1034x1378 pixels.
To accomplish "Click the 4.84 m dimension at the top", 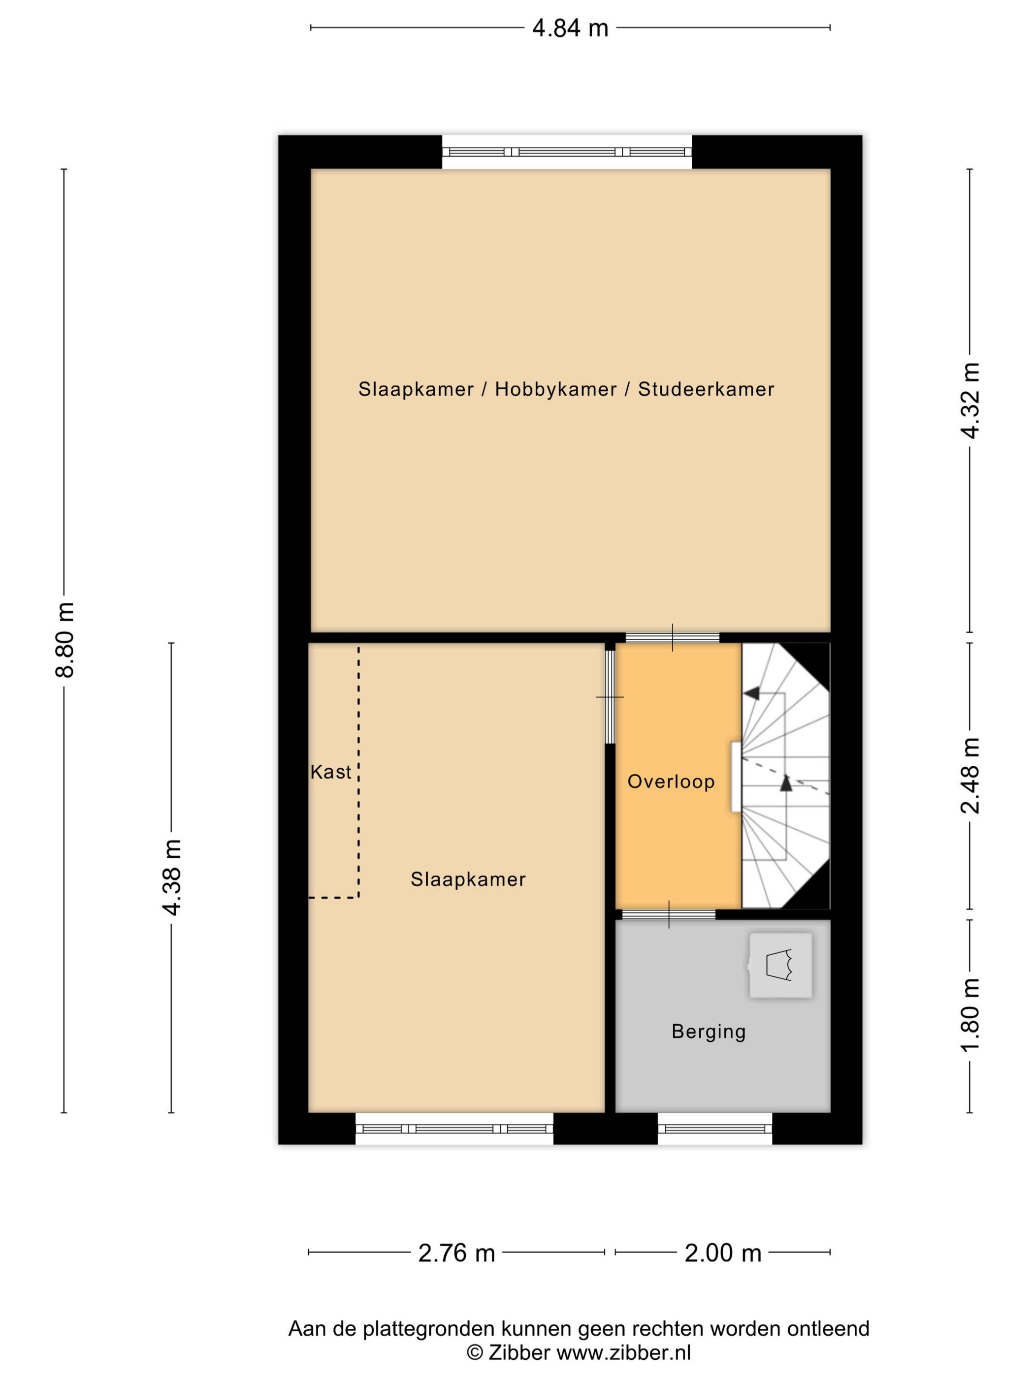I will (x=570, y=28).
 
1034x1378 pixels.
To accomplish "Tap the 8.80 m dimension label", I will (x=65, y=639).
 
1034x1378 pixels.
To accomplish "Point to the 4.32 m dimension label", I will (x=970, y=401).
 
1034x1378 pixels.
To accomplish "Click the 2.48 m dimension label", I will (x=970, y=776).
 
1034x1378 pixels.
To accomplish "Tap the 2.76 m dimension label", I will (x=456, y=1252).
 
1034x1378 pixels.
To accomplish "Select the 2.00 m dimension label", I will (x=722, y=1252).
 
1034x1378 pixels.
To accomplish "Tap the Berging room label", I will (x=708, y=1031).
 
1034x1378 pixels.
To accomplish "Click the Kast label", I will (x=330, y=773).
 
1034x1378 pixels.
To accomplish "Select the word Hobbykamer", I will (x=555, y=389).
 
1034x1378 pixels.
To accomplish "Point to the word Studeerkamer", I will (x=706, y=389).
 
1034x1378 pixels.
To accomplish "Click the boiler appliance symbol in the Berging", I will (x=780, y=965).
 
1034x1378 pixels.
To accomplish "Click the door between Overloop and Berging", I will (x=669, y=914).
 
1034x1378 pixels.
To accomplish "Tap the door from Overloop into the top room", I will (x=672, y=637).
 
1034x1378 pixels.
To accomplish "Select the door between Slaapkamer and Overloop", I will (x=610, y=696).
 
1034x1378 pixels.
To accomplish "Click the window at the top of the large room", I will (x=567, y=152).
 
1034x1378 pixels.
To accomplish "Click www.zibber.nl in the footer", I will (x=623, y=1353).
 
